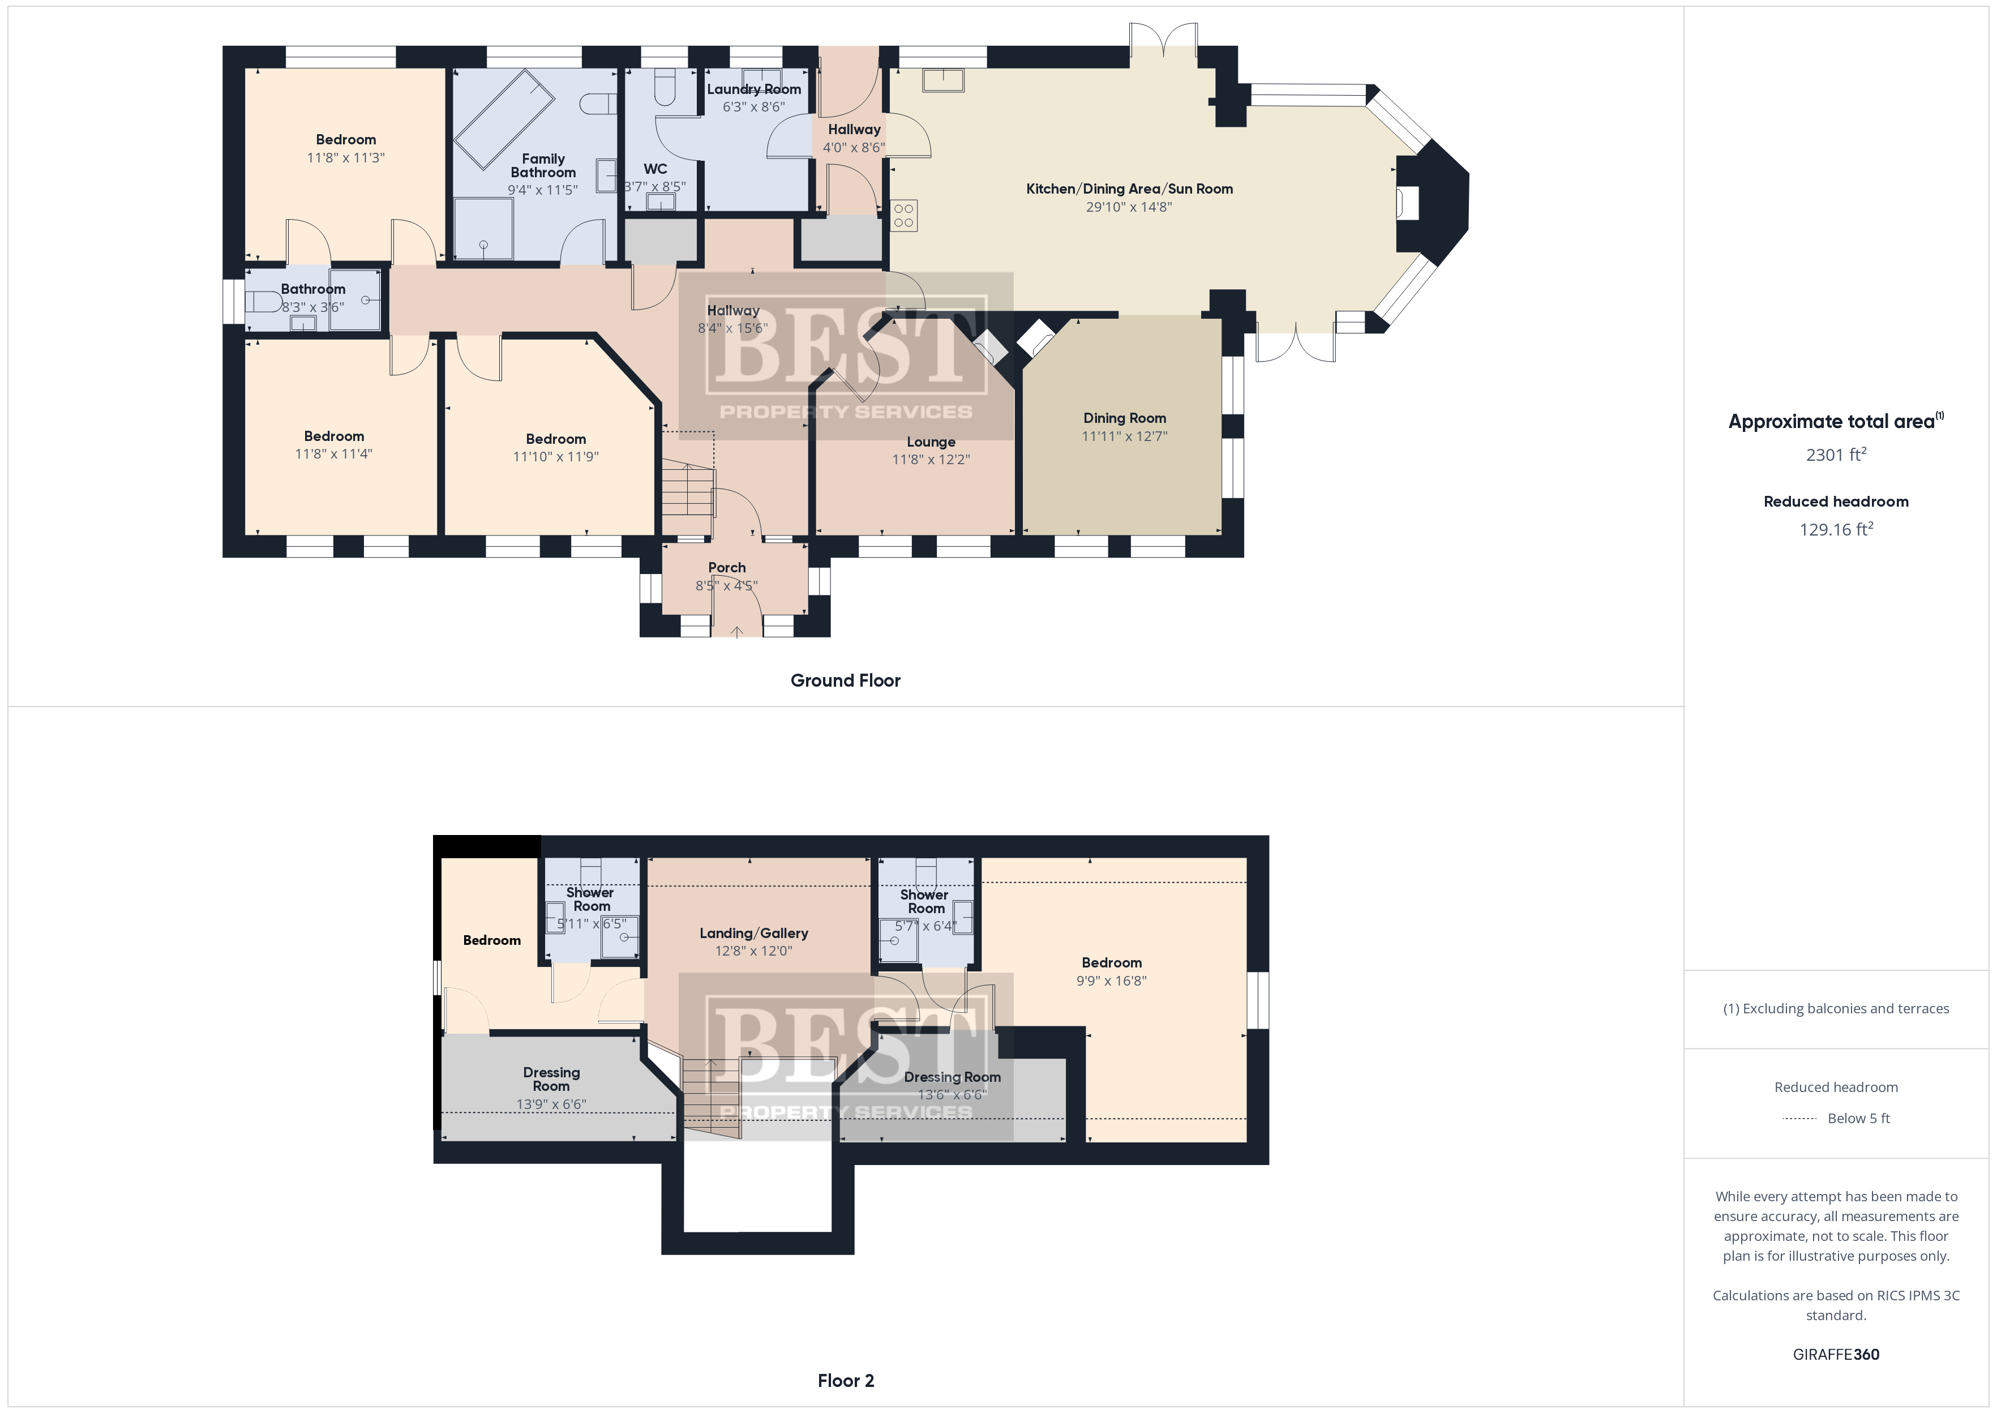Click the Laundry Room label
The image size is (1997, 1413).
pos(753,89)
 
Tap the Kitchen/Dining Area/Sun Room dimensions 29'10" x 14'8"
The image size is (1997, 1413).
pos(1129,207)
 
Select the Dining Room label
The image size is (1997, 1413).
pos(1125,418)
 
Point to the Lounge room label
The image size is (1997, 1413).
pos(931,442)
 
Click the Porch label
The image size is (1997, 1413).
pos(727,567)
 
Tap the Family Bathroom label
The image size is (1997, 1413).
pos(543,165)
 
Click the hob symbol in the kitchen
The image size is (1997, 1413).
pos(904,216)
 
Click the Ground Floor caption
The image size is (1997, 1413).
pos(846,680)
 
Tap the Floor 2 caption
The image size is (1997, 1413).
pos(846,1381)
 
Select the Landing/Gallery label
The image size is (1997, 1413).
pos(754,934)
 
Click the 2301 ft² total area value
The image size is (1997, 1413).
pos(1836,454)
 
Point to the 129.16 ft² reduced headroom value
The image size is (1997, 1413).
pos(1836,529)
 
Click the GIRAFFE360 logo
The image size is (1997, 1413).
pos(1836,1355)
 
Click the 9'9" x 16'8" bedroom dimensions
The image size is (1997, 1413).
pos(1112,980)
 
